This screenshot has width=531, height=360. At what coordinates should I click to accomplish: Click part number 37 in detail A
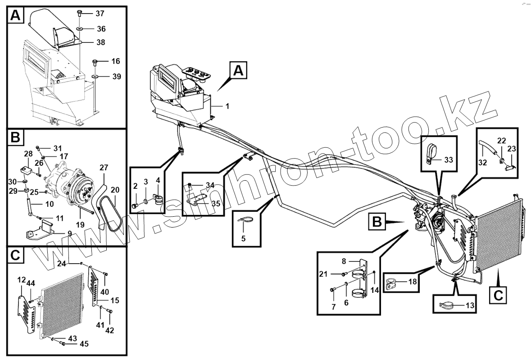pyautogui.click(x=100, y=13)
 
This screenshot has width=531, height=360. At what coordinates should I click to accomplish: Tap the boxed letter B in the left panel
pyautogui.click(x=15, y=138)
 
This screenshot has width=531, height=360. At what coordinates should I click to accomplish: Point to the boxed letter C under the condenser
pyautogui.click(x=498, y=295)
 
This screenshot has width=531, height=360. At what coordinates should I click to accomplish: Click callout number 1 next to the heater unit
pyautogui.click(x=227, y=106)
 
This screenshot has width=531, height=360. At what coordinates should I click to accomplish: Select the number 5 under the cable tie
pyautogui.click(x=243, y=238)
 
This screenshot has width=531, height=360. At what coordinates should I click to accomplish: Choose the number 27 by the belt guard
pyautogui.click(x=104, y=168)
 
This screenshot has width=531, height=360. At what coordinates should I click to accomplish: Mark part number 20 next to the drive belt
pyautogui.click(x=115, y=190)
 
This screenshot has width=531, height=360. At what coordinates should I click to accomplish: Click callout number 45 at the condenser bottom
pyautogui.click(x=84, y=344)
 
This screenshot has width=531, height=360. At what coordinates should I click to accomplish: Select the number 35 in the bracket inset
pyautogui.click(x=216, y=203)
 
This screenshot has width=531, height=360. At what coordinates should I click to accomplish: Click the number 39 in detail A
pyautogui.click(x=117, y=77)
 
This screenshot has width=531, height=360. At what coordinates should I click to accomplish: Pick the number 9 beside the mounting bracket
pyautogui.click(x=69, y=233)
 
